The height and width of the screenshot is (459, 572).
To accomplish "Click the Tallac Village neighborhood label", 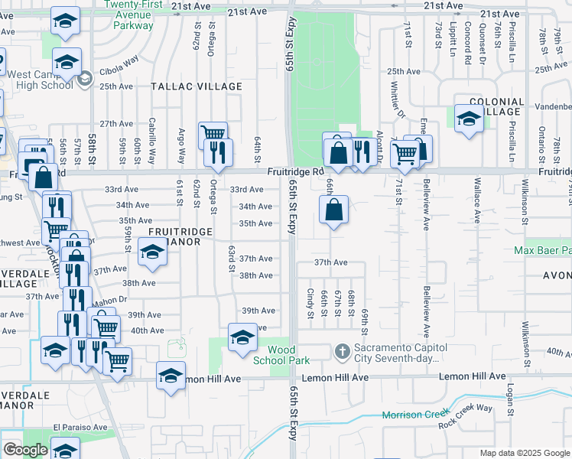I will click(196, 87).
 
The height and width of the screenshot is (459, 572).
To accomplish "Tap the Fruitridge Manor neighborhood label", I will click(174, 236).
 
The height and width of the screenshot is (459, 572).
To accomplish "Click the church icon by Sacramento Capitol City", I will click(342, 352).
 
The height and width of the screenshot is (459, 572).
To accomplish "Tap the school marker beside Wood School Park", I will click(243, 338).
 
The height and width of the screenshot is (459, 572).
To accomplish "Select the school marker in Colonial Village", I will click(468, 118).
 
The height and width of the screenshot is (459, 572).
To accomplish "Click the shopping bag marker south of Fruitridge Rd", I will click(334, 210).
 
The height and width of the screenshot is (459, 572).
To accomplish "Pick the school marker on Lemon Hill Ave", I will click(171, 376).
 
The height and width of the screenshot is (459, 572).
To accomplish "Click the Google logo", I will click(24, 450).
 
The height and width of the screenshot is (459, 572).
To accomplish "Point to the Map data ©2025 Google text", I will click(524, 453).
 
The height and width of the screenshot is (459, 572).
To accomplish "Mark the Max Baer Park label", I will click(543, 250).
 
